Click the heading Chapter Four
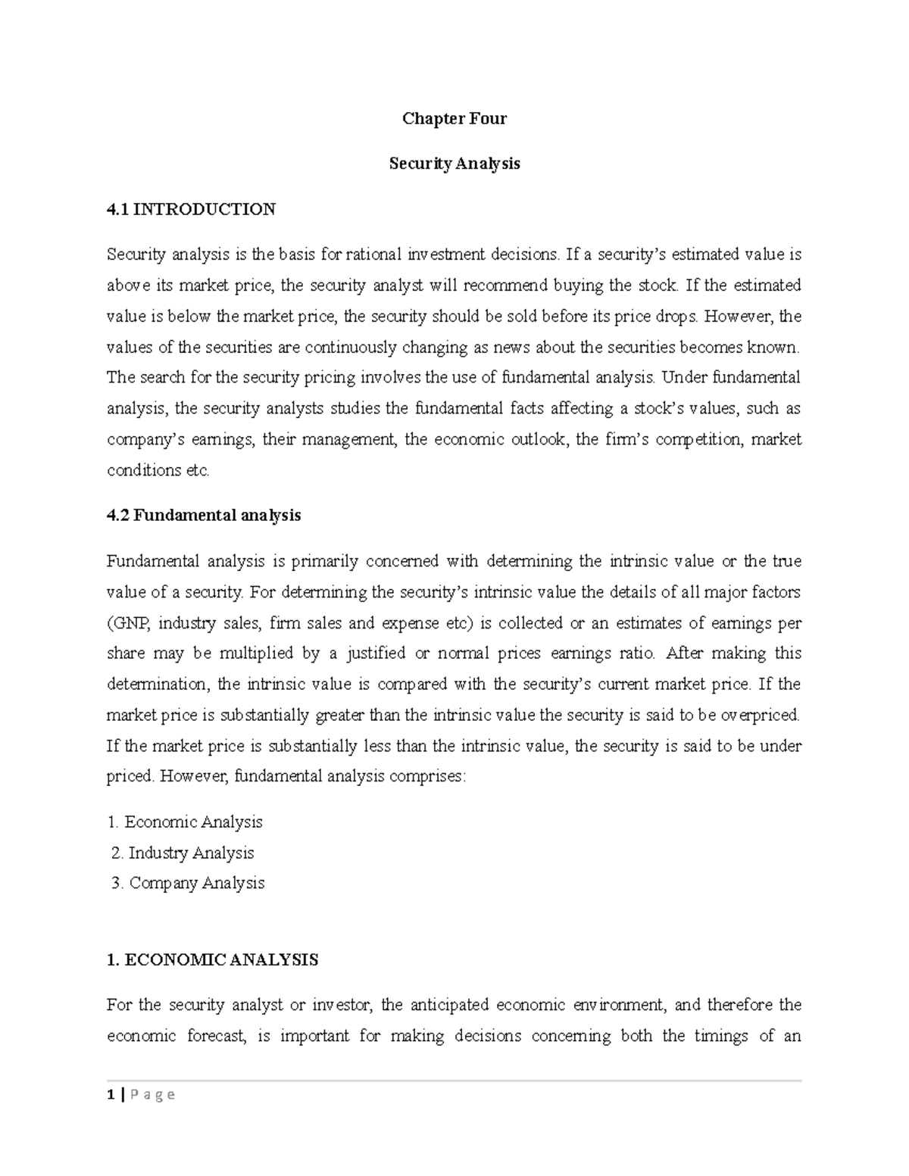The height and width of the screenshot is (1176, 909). point(454,118)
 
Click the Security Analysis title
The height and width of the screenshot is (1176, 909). point(454,164)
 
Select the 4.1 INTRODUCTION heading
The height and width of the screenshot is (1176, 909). point(191,209)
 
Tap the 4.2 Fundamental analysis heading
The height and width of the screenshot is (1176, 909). point(204,516)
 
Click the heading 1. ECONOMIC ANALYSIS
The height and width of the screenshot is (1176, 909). point(212,960)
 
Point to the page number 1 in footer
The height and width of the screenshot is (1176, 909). point(111,1094)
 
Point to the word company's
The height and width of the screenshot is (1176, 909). point(142,439)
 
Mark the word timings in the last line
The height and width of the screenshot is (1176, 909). point(721,1036)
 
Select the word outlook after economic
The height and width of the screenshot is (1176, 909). point(539,439)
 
